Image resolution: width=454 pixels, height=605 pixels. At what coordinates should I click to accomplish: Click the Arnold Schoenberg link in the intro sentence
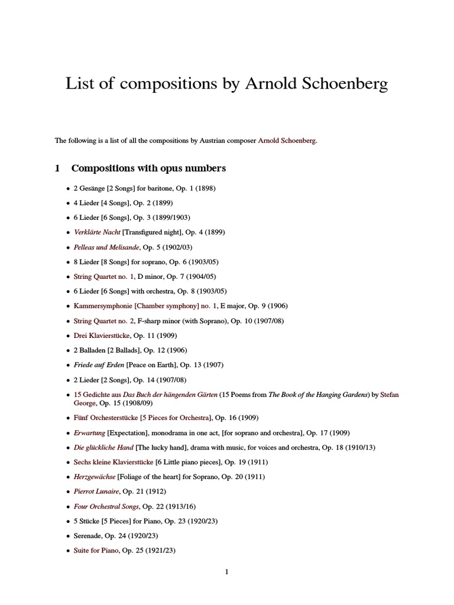(287, 141)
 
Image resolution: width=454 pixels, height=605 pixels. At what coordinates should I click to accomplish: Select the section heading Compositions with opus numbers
(148, 168)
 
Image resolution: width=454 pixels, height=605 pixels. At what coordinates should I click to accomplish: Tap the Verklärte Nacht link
(97, 232)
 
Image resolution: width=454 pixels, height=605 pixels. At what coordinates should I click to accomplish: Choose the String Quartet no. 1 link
(100, 277)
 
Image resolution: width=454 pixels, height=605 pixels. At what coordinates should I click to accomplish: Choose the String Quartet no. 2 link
(100, 321)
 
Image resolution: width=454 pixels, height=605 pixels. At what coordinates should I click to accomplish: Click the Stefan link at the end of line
(389, 395)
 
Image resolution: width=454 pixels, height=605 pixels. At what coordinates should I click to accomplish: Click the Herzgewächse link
(95, 477)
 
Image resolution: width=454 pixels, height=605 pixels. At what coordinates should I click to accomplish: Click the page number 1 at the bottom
(226, 571)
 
